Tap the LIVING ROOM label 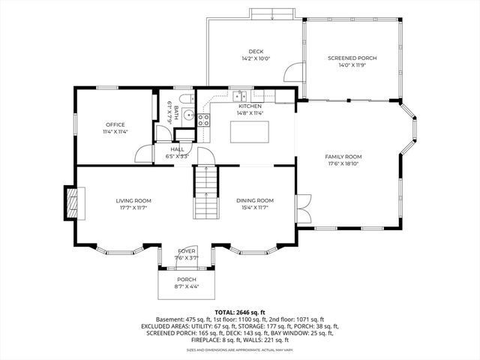pos(133,200)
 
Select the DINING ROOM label pos(255,200)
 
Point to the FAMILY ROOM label pos(343,157)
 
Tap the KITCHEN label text pos(250,106)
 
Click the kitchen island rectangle pos(250,131)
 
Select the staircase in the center pos(205,190)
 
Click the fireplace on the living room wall pos(72,202)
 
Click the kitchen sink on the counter pos(240,95)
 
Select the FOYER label pos(187,251)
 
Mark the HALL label pos(177,149)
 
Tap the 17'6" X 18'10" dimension pos(343,163)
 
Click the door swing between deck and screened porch pos(293,74)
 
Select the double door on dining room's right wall pos(303,207)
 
